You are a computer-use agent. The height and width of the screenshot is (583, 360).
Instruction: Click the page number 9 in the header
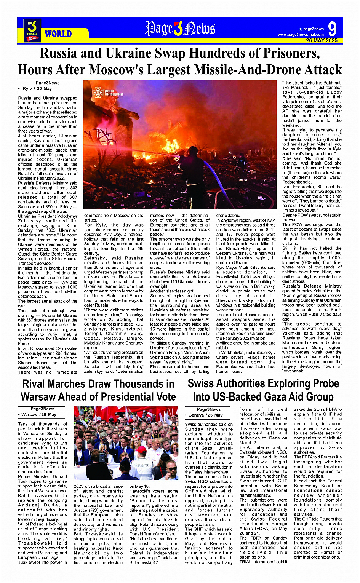[x=332, y=29]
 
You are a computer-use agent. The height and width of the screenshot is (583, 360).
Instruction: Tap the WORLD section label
[x=58, y=34]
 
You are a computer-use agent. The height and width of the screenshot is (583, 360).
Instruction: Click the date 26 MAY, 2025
[x=322, y=40]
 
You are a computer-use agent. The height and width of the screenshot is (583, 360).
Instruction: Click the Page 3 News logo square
[x=32, y=30]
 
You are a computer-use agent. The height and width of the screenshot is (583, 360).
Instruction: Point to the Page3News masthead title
[x=180, y=29]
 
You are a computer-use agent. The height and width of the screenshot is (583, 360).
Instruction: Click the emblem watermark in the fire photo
[x=98, y=92]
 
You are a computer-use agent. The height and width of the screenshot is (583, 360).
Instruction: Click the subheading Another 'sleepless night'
[x=172, y=291]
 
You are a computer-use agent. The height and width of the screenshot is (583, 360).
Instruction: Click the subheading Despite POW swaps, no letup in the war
[x=312, y=217]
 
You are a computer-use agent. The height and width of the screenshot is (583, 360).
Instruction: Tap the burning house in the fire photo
[x=110, y=126]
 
